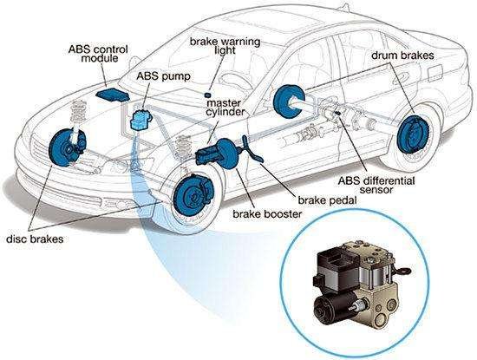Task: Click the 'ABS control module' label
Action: (x=98, y=54)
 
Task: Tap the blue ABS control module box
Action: (x=113, y=95)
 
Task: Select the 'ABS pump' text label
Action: (x=163, y=75)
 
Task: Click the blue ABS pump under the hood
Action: (x=140, y=120)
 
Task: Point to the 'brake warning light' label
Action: (x=225, y=46)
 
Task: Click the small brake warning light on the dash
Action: (x=208, y=95)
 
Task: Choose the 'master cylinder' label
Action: (x=225, y=107)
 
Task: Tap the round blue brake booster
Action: (x=227, y=153)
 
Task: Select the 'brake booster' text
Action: (x=267, y=214)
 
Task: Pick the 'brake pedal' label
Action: (x=327, y=200)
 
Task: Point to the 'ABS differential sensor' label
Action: (x=376, y=185)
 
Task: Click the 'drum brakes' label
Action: (x=402, y=56)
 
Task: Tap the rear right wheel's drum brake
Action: (x=413, y=134)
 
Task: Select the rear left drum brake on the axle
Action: (x=288, y=100)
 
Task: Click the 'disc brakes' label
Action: (x=35, y=239)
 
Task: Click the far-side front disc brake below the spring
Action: (x=66, y=147)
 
